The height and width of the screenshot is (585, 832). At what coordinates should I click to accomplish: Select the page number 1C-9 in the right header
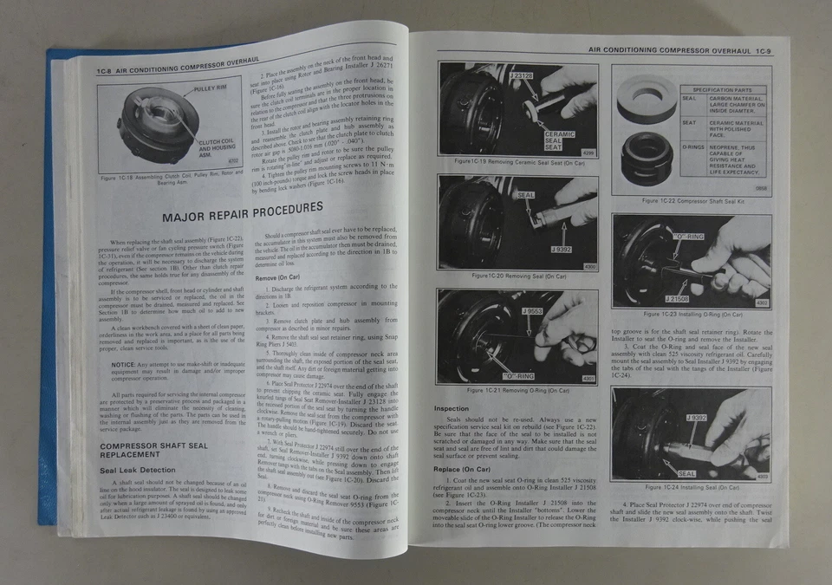[x=760, y=51]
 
